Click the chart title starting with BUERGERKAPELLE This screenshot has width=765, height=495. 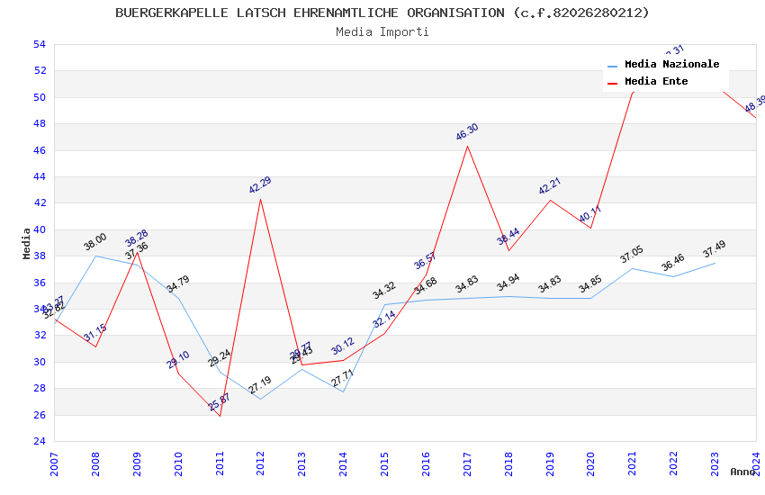click(x=382, y=13)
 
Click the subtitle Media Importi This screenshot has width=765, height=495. click(x=382, y=31)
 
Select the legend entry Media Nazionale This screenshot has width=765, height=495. click(x=671, y=64)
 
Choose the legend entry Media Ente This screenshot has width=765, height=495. click(x=656, y=81)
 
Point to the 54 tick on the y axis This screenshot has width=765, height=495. click(x=39, y=44)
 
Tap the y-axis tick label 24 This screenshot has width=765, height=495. click(x=39, y=441)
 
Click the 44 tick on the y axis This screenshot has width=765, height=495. click(x=39, y=176)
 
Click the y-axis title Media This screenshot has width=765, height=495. click(x=26, y=243)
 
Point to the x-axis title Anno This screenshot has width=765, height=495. click(x=743, y=472)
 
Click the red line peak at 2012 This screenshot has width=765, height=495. click(x=261, y=199)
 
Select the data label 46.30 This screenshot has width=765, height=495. click(x=467, y=132)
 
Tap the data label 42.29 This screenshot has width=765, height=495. click(x=260, y=185)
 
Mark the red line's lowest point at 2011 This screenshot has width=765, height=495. click(x=220, y=416)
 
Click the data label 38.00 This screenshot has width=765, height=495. click(x=95, y=241)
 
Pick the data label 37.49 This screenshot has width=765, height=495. click(x=714, y=249)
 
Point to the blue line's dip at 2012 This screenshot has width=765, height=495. click(x=261, y=399)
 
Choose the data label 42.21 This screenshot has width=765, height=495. click(x=550, y=186)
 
